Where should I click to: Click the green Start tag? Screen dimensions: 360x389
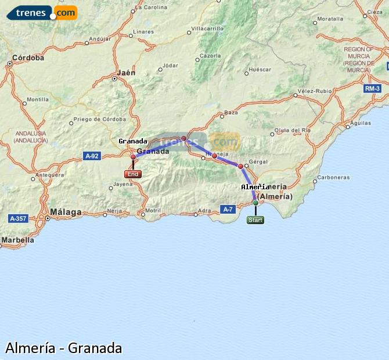point(255,220)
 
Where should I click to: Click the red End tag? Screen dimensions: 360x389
point(133,174)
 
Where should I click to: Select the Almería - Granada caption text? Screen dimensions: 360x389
point(64,348)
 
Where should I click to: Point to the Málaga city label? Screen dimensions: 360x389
point(66,213)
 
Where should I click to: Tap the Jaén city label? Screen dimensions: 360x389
point(126,73)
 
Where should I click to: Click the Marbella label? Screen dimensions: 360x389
point(18,240)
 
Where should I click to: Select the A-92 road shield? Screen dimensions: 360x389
point(91,156)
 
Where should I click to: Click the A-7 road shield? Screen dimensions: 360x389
point(227,209)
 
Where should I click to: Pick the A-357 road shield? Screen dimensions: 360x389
point(19,219)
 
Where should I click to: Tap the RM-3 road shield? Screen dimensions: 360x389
point(372,88)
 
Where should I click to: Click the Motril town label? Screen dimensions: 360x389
point(153,210)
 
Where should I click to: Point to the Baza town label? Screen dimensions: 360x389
point(231,112)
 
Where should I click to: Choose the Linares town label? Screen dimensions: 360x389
point(143,31)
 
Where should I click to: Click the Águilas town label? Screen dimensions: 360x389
point(361,123)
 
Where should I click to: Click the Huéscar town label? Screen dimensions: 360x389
point(259,69)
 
